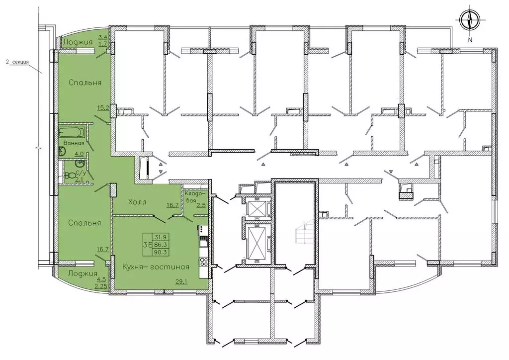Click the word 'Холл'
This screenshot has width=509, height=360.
coord(137,202)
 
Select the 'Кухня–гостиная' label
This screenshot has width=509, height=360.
coord(156,267)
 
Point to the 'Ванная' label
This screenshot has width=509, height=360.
coord(74,143)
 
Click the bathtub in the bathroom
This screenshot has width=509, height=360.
coord(72,133)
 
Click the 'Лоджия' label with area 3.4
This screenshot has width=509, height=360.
coord(78,42)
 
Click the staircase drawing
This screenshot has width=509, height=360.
coord(305,232)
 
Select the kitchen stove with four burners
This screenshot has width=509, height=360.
coord(204,262)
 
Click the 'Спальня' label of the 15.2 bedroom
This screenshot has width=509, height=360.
coord(85,83)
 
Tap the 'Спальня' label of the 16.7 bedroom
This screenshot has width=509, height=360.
coord(85,223)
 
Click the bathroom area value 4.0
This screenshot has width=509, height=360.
coord(80,154)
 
